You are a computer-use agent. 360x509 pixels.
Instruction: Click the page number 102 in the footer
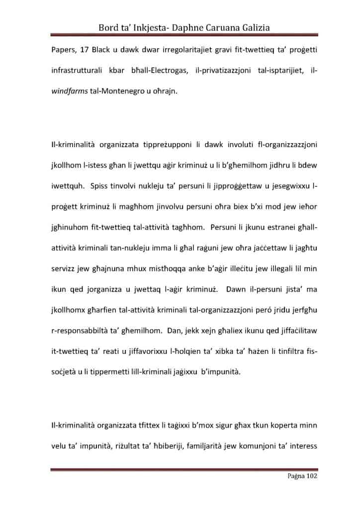point(309,476)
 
